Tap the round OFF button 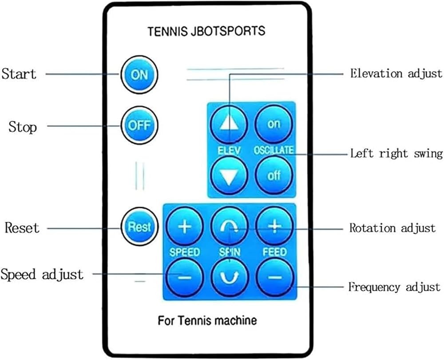[139, 126]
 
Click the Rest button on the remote [139, 227]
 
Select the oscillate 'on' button [274, 124]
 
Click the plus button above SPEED [185, 227]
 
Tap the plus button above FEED [275, 226]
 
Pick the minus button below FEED [275, 277]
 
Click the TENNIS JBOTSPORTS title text [206, 32]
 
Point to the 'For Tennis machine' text [207, 320]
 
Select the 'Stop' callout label [23, 127]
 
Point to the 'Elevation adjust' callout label [396, 73]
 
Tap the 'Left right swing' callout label [396, 154]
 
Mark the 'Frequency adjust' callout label [394, 287]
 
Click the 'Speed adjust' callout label [42, 274]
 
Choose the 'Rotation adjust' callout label [392, 228]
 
